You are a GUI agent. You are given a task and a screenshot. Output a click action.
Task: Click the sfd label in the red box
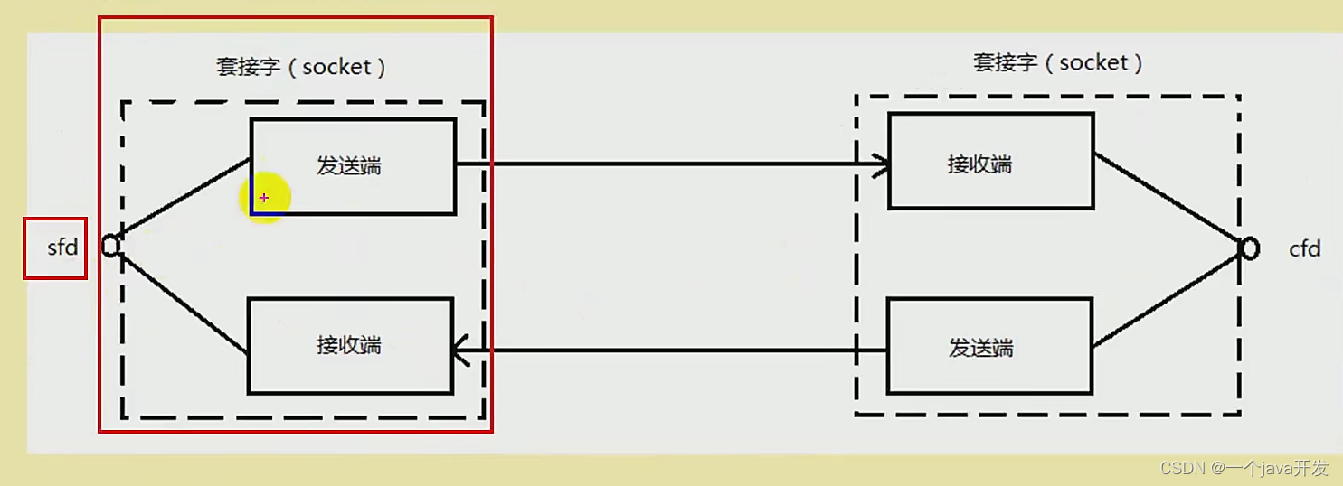[x=62, y=247]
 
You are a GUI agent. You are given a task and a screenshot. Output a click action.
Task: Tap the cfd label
[x=1304, y=248]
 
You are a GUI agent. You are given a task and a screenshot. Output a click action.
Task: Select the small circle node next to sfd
[x=110, y=245]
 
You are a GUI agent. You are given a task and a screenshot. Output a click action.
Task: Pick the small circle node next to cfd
[x=1249, y=248]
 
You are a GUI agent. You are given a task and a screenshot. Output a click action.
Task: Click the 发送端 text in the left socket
[x=348, y=165]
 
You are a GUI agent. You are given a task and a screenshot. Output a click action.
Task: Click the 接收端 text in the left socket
[x=348, y=345]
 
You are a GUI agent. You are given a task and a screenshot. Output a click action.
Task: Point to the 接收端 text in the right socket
[x=979, y=164]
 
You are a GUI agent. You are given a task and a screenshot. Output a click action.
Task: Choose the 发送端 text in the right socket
[x=980, y=348]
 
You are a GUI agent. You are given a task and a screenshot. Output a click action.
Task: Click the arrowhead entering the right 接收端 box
[x=882, y=164]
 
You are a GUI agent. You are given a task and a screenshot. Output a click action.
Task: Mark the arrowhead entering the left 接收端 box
[x=460, y=350]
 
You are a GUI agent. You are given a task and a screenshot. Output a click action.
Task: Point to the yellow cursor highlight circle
[x=264, y=197]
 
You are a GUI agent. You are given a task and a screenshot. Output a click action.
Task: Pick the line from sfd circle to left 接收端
[x=181, y=301]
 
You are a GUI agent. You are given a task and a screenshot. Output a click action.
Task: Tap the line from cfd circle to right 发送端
[x=1168, y=299]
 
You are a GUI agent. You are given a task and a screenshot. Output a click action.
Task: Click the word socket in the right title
[x=1093, y=62]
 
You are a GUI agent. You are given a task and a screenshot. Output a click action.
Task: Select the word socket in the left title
[x=336, y=67]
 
